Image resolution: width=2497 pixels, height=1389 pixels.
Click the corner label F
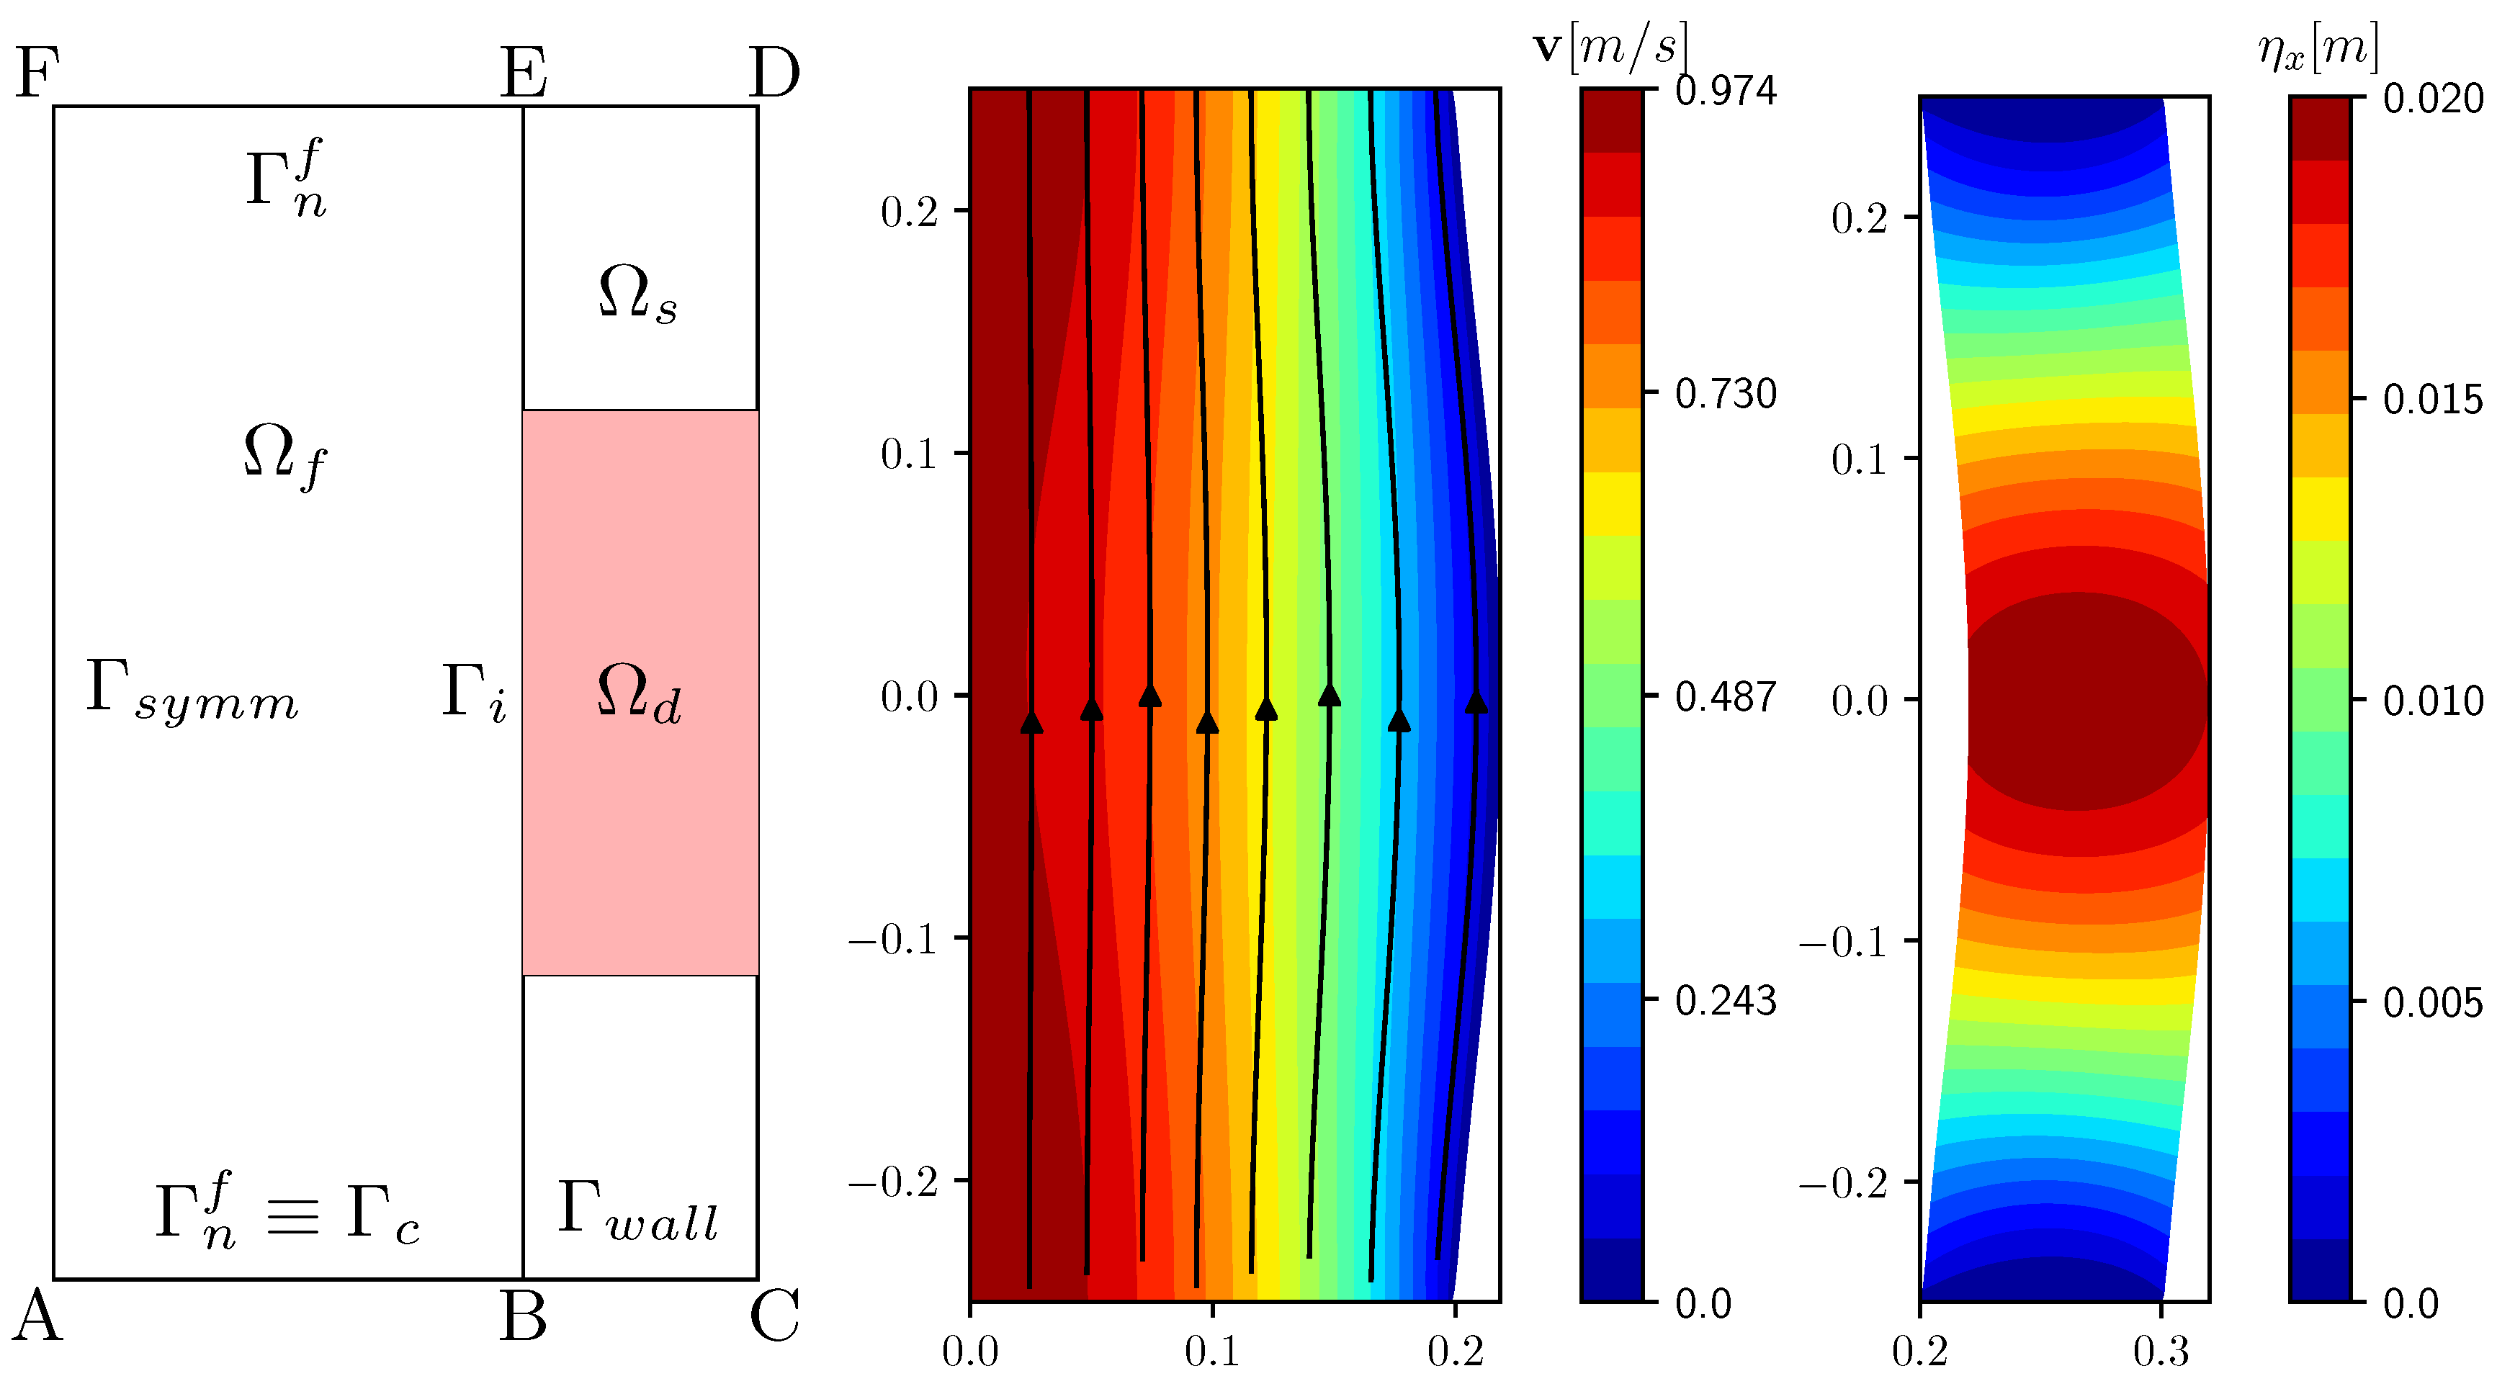[x=37, y=73]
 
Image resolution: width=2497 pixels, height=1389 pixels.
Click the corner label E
[x=524, y=73]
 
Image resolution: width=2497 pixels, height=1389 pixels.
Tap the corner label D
[x=774, y=73]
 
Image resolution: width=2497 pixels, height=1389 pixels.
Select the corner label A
[x=37, y=1316]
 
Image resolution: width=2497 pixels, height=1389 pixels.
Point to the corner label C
[x=774, y=1316]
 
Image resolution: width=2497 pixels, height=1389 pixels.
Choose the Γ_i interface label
[x=473, y=693]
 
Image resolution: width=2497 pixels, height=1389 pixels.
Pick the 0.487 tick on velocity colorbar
[x=1726, y=697]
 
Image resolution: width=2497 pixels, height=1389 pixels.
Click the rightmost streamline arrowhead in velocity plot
[x=1475, y=702]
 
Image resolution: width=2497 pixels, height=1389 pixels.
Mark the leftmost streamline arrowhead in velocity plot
[x=1031, y=722]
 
